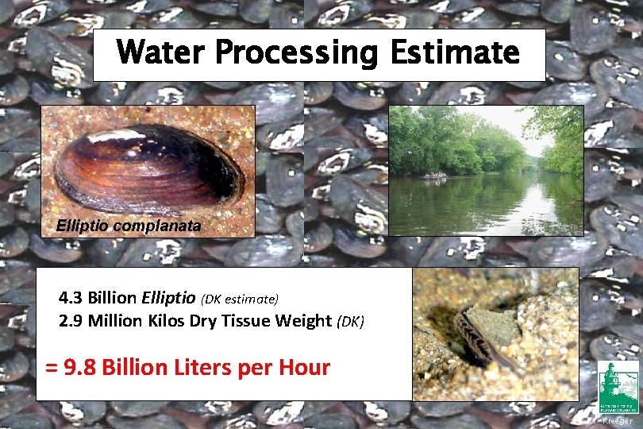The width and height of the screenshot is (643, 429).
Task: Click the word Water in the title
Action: tap(161, 53)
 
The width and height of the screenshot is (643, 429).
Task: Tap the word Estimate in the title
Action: tap(455, 53)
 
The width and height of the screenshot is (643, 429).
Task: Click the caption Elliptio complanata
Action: tap(129, 226)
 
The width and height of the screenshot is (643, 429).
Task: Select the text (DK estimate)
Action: tap(241, 300)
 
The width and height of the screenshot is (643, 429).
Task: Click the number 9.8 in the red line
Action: tap(81, 368)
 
